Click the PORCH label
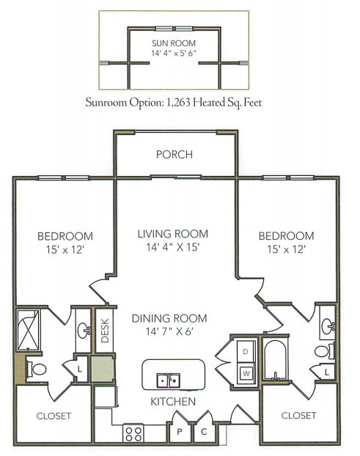[175, 155]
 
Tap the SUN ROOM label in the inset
[174, 43]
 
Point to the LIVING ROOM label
[173, 234]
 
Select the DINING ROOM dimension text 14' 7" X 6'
[169, 331]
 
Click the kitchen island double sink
[168, 380]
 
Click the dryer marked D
[246, 352]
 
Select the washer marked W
[246, 373]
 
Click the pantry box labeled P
[179, 432]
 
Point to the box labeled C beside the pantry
[204, 432]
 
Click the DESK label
[105, 331]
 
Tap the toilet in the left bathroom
[36, 369]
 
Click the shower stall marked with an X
[29, 330]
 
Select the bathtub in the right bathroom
[276, 359]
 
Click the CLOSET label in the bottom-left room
[54, 416]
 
